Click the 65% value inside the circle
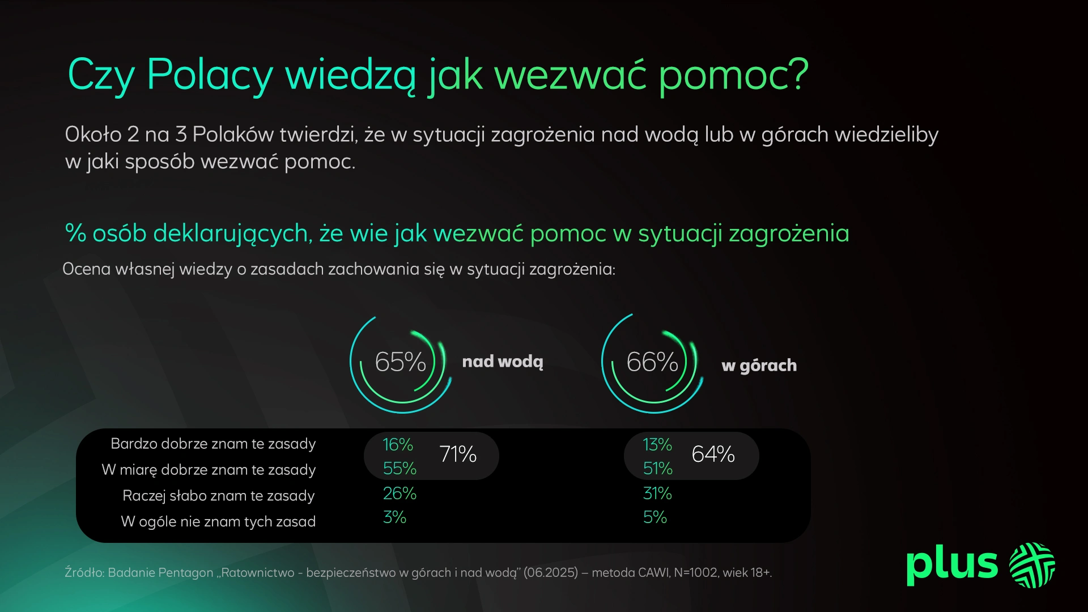400,362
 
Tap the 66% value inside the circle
652,362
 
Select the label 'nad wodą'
503,362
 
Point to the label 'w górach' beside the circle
759,365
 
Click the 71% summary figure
458,454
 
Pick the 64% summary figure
713,454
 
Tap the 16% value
398,445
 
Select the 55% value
399,469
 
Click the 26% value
399,494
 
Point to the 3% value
394,517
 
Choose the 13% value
657,445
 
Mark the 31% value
657,494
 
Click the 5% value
654,517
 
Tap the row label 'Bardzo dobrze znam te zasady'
213,444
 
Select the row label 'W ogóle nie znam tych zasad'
218,522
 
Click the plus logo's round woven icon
1032,565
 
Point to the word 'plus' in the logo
951,564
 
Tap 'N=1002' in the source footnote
696,573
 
